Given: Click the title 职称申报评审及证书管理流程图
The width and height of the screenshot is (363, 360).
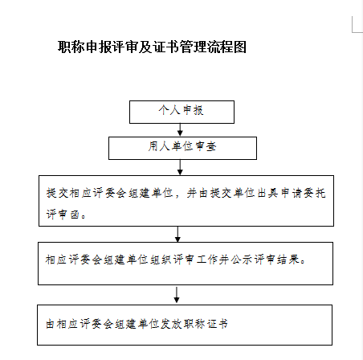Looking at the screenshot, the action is point(152,47).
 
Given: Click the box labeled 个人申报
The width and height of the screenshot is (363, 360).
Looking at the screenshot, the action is point(181,112).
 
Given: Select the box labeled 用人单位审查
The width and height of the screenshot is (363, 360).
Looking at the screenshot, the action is point(182,148).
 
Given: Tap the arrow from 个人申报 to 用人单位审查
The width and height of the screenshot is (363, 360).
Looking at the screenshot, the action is point(180,130).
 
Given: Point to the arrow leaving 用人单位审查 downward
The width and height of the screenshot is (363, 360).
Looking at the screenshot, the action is point(180,167).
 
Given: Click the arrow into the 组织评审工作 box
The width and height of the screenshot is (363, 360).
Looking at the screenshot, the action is point(177,234).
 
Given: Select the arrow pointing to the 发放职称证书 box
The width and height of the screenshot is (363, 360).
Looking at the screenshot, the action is point(177,295).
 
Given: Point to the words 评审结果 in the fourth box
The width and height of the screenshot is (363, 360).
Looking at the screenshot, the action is point(277,260).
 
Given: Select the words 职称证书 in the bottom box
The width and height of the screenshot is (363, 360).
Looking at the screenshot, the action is point(206,324).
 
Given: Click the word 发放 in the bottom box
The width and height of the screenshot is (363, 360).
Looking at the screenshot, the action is point(171,324).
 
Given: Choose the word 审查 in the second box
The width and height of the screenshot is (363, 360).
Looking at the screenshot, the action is point(206,146).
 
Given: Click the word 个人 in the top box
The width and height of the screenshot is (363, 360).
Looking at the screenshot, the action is point(169,110).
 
